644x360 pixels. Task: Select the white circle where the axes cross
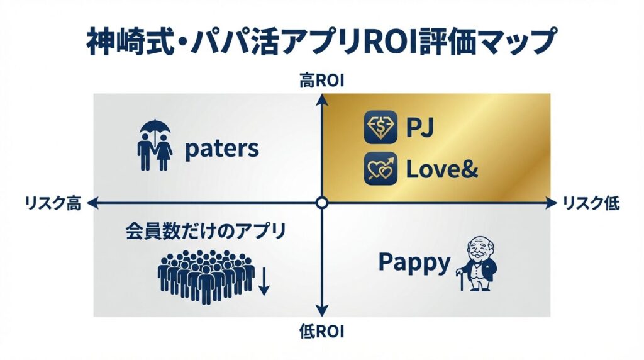[x=322, y=203]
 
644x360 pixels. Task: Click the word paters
[x=221, y=149]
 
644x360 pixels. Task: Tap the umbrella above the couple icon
[x=154, y=131]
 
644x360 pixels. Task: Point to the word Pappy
[x=414, y=262]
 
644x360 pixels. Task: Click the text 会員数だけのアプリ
[x=205, y=231]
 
